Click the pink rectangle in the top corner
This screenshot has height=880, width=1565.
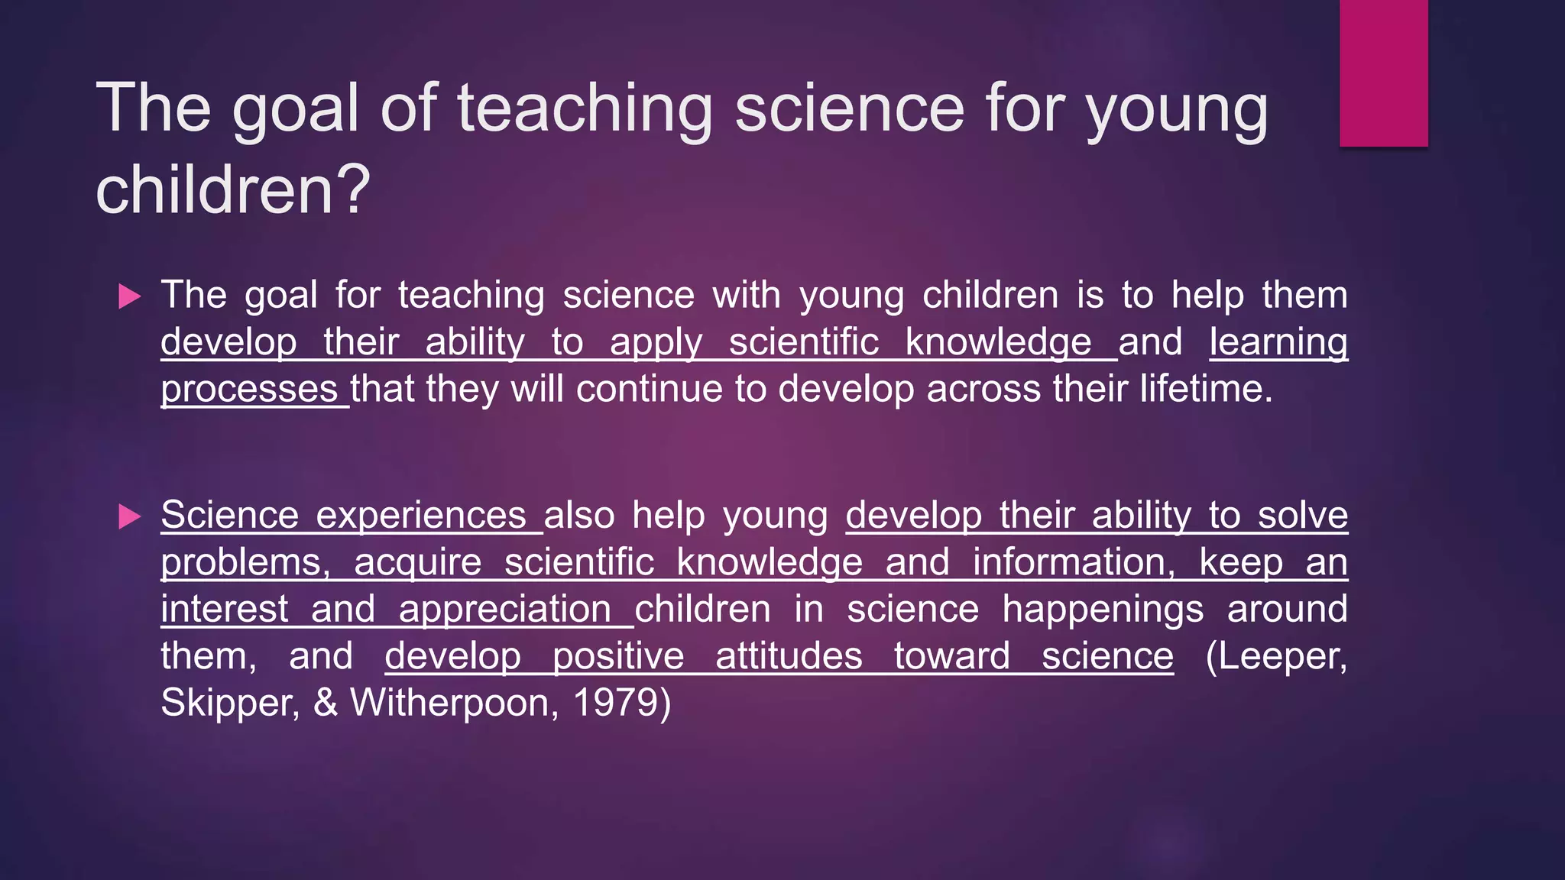click(x=1383, y=73)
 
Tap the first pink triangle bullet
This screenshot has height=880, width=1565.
click(x=130, y=296)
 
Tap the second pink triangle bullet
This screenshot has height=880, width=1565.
click(x=130, y=516)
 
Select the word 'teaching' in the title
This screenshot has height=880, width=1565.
click(x=585, y=108)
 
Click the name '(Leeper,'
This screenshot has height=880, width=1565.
click(x=1275, y=655)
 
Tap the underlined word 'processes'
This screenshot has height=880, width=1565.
click(x=249, y=390)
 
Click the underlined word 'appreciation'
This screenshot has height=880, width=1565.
click(x=504, y=610)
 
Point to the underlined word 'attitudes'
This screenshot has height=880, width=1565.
click(x=789, y=656)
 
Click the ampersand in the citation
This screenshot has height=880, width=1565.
click(x=326, y=702)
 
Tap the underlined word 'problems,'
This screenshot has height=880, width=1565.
click(x=245, y=563)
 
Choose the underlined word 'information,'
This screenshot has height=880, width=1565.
click(x=1074, y=562)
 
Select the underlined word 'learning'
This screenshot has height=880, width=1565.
click(x=1278, y=343)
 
